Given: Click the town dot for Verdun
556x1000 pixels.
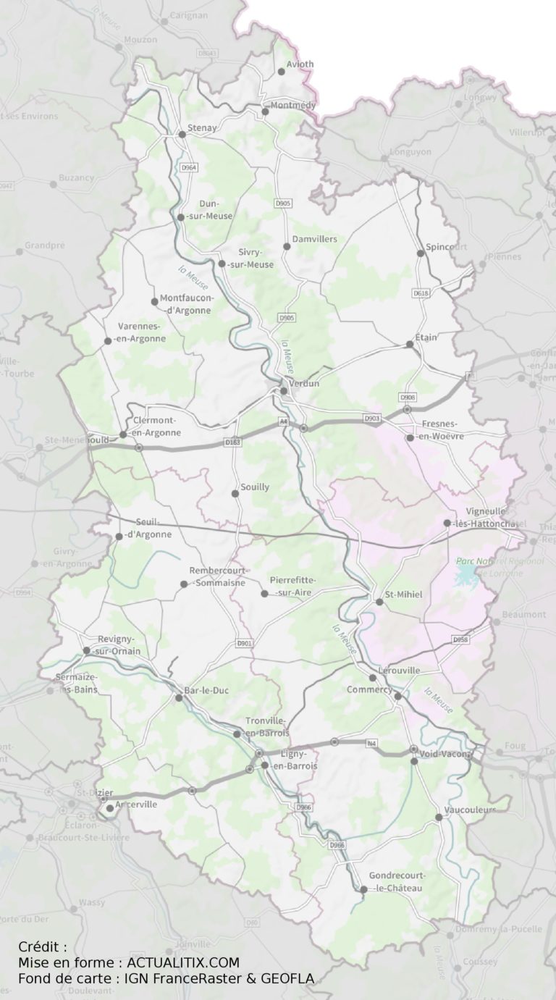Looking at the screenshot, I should [x=284, y=391].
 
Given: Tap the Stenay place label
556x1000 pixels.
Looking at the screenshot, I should [x=202, y=128].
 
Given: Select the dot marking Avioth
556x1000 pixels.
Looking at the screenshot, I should [x=282, y=71].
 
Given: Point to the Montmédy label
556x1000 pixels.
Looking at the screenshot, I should [x=293, y=105].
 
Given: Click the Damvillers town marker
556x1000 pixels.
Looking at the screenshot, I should [x=287, y=246].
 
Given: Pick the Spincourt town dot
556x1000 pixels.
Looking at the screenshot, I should [x=421, y=253].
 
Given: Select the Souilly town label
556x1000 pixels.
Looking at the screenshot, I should [x=254, y=487].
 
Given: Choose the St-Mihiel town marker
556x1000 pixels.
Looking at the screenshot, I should [x=379, y=602].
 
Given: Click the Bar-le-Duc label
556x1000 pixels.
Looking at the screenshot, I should [x=207, y=691].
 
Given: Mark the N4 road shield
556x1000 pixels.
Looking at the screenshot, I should [x=372, y=743].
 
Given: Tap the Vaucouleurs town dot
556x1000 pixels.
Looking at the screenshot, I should [x=439, y=817].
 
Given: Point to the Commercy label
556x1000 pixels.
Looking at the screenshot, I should [x=369, y=689].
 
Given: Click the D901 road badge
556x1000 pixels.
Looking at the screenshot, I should [x=245, y=643].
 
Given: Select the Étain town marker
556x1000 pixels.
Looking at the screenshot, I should [x=410, y=344].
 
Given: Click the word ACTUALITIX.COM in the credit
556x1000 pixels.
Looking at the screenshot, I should [x=182, y=962].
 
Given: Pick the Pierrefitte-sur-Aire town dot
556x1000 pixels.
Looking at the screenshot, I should [x=265, y=594].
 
